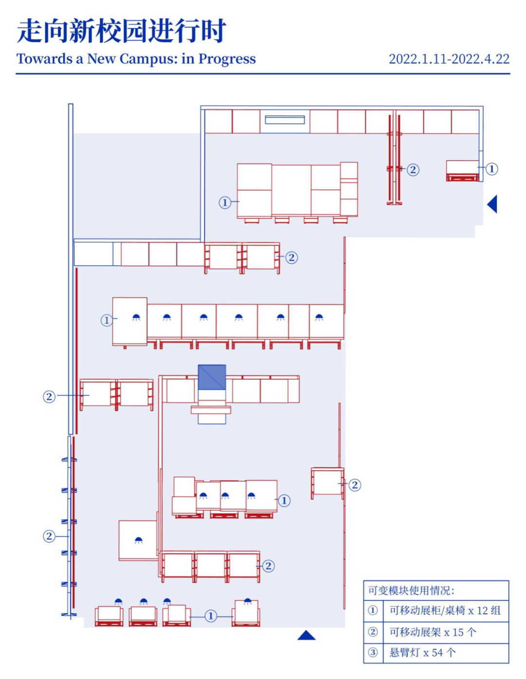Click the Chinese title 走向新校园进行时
point(121,31)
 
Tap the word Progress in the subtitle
point(227,59)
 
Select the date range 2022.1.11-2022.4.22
point(449,59)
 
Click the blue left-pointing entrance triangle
point(493,204)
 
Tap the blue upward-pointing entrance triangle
point(306,635)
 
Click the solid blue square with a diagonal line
point(212,377)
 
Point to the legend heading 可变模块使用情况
point(411,590)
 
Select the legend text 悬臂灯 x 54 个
point(423,652)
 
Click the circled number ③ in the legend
point(373,652)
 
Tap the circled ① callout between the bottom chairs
point(211,616)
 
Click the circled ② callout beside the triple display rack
point(268,566)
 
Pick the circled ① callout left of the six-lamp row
point(107,320)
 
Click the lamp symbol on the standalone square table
point(138,540)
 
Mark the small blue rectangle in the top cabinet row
point(285,120)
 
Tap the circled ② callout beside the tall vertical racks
point(413,170)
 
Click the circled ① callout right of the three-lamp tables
point(284,500)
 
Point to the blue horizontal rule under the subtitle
point(263,74)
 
